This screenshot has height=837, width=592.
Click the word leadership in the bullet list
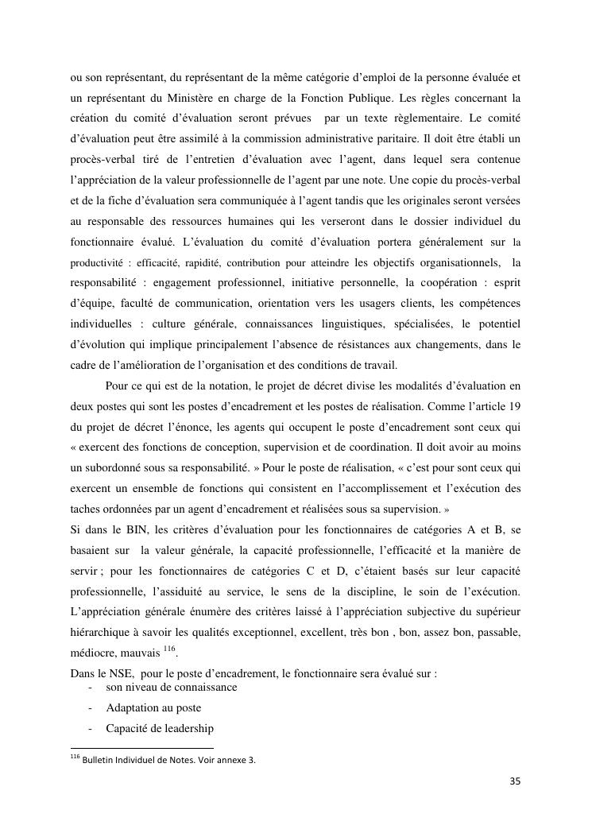coord(188,728)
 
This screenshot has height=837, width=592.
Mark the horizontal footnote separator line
coord(142,748)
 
